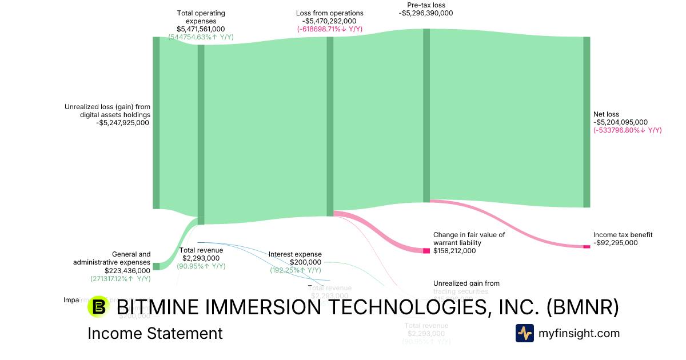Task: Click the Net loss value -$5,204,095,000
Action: [x=620, y=122]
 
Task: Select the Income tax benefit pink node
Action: [x=587, y=246]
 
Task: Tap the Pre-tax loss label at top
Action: [x=425, y=5]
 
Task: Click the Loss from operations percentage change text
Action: [x=329, y=29]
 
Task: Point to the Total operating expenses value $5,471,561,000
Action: [x=201, y=29]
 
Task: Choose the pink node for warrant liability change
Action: [x=426, y=251]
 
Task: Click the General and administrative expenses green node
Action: [x=156, y=266]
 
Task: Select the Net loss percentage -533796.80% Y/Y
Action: [x=627, y=130]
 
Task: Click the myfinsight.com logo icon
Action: [x=524, y=333]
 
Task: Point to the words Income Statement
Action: [x=155, y=334]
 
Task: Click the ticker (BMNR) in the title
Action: [x=583, y=307]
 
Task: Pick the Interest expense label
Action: [x=295, y=254]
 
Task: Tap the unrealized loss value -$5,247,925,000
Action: [x=123, y=122]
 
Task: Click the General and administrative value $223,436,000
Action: [x=127, y=271]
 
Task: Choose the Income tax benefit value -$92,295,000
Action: [x=615, y=243]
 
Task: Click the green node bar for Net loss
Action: [x=587, y=122]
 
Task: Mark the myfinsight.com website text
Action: [x=579, y=333]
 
